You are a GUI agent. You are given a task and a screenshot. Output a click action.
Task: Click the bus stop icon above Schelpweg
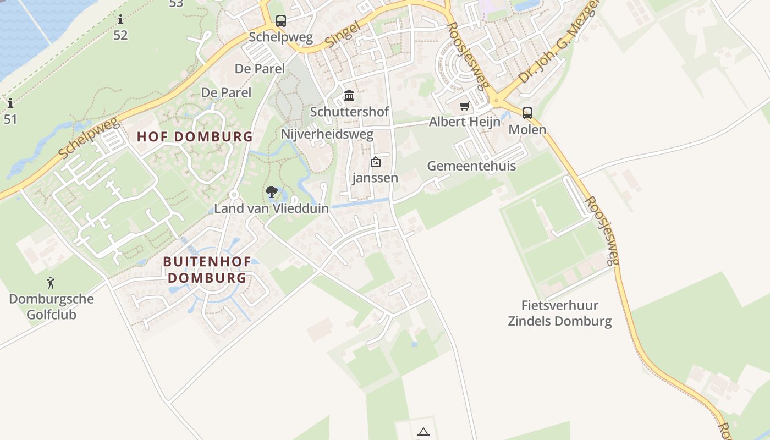click(281, 21)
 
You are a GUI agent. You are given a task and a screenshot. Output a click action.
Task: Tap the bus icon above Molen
click(527, 113)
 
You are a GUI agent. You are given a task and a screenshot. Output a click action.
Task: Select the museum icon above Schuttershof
click(349, 96)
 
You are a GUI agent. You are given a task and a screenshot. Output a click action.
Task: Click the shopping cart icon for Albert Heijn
click(465, 106)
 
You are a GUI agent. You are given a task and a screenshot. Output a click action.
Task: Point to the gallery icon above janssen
click(376, 162)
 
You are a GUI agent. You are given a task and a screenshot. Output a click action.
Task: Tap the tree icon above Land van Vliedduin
click(271, 192)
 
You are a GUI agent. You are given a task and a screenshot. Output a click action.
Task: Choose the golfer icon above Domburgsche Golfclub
click(51, 283)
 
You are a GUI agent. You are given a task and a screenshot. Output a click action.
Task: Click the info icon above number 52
click(120, 20)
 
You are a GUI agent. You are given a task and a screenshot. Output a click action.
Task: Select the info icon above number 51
click(10, 103)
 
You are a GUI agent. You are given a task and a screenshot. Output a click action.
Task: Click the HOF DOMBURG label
click(195, 137)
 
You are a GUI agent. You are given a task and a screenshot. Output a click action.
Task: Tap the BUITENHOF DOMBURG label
click(207, 269)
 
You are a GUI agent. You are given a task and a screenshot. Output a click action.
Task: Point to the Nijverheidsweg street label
click(327, 134)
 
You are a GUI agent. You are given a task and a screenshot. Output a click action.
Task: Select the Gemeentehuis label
click(471, 166)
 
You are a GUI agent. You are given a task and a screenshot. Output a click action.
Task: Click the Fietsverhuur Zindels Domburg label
click(560, 313)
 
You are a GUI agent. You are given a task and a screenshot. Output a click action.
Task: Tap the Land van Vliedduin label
click(272, 208)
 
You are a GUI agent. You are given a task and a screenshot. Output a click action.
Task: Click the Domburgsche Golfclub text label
click(51, 307)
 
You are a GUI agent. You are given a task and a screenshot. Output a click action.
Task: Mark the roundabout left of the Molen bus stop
click(497, 100)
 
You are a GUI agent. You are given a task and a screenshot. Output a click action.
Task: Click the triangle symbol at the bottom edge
click(423, 432)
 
